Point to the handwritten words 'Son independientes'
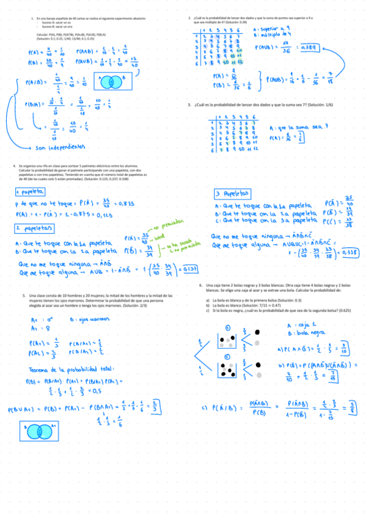click(x=56, y=147)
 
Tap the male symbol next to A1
click(x=48, y=319)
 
